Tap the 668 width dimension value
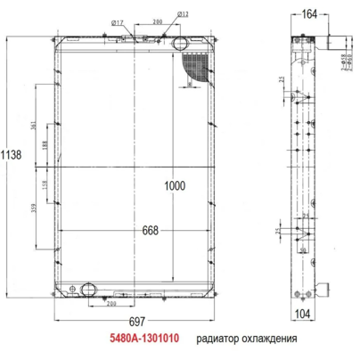(150, 231)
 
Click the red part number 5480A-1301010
(145, 340)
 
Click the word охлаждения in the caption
(267, 340)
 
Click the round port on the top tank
(178, 43)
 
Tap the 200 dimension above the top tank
(157, 20)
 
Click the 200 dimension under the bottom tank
(111, 303)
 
